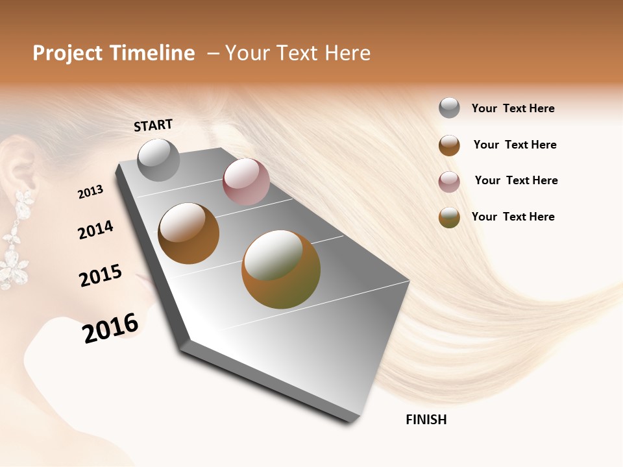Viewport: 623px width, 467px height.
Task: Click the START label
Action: tap(153, 125)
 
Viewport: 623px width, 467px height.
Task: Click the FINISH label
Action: tap(426, 420)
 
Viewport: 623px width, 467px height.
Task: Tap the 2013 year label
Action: tap(91, 191)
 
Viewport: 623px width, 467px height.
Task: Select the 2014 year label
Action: tap(95, 230)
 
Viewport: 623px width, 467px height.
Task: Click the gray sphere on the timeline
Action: tap(158, 160)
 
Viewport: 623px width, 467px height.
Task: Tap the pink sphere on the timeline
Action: tap(246, 182)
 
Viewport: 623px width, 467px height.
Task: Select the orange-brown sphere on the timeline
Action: tap(188, 233)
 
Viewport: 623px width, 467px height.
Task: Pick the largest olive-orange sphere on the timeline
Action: tap(281, 269)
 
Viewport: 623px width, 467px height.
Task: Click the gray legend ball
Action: tap(449, 108)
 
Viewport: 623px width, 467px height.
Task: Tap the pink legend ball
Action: tap(449, 182)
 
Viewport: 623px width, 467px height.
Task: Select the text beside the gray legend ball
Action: tap(513, 109)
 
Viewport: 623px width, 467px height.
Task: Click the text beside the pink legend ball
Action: tap(516, 180)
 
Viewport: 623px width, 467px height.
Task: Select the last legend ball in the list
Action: tap(449, 217)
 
